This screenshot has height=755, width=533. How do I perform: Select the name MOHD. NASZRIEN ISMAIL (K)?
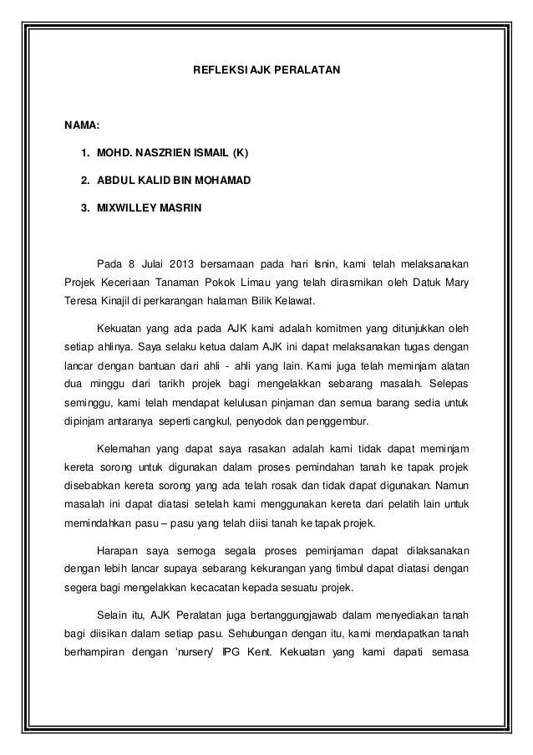coord(172,153)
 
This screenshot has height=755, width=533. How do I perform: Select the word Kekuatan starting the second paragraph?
coord(122,326)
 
